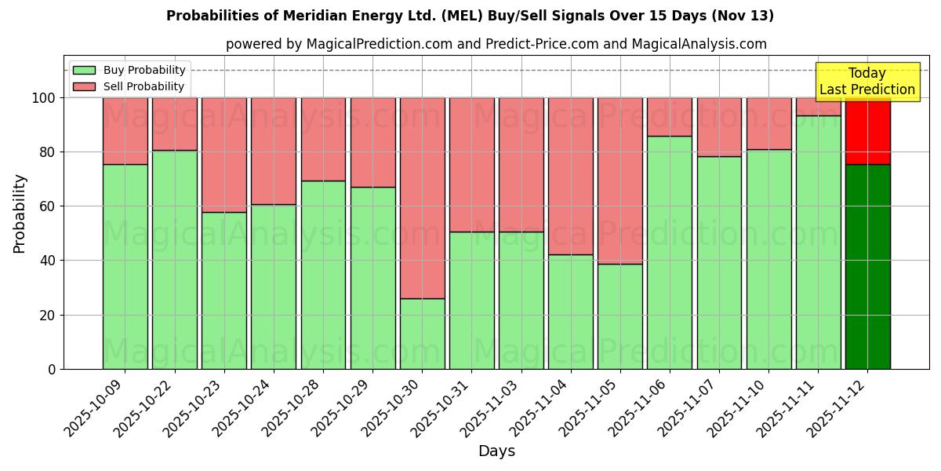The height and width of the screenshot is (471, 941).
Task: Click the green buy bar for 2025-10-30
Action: pos(422,334)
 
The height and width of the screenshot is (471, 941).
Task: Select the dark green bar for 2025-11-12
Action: pos(867,267)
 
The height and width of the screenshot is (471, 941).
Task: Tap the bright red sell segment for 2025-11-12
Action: pos(867,130)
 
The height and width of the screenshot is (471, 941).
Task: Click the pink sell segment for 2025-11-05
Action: pos(619,181)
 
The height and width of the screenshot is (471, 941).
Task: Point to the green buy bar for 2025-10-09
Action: pos(125,267)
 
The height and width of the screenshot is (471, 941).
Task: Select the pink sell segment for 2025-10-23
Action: pos(223,155)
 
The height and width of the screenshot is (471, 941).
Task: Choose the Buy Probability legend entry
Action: pos(129,70)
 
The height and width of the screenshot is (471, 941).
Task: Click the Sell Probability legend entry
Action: pos(129,86)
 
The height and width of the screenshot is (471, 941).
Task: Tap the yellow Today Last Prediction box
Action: pos(867,82)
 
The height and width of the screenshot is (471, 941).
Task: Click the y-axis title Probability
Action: pos(20,214)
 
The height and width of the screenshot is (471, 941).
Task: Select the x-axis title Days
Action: pos(496,451)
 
